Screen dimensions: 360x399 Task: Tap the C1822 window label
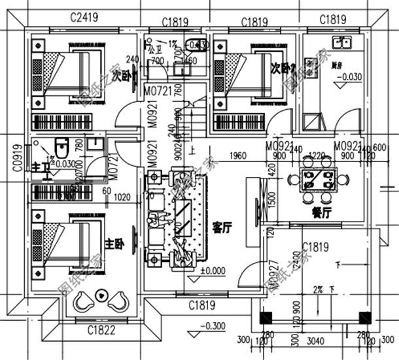click(x=103, y=331)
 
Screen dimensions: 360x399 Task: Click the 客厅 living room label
click(x=224, y=227)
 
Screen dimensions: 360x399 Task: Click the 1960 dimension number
click(x=238, y=155)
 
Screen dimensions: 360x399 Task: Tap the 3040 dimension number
click(x=317, y=340)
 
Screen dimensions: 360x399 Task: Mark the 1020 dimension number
click(x=122, y=195)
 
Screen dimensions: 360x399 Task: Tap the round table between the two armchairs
click(x=102, y=295)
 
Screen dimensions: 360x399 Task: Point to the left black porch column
click(x=266, y=318)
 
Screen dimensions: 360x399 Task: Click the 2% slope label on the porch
click(x=321, y=288)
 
